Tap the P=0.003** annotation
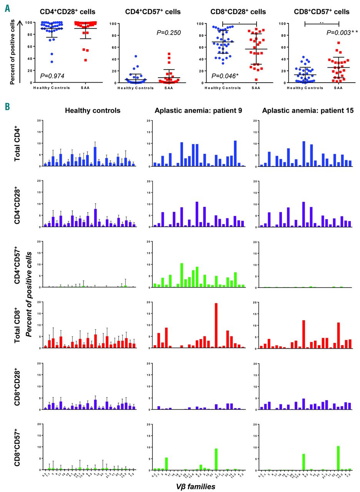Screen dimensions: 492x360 340,33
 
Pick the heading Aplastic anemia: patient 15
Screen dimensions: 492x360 302,111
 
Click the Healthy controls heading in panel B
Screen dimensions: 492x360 93,111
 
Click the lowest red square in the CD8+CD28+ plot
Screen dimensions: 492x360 256,80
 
